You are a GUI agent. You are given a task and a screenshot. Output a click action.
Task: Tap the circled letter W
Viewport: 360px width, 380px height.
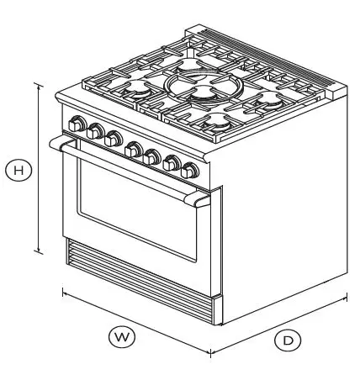pyautogui.click(x=123, y=336)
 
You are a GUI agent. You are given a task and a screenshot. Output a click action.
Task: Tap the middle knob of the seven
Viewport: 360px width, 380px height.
pyautogui.click(x=132, y=150)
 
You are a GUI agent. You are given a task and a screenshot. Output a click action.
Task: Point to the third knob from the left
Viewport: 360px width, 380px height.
pyautogui.click(x=112, y=139)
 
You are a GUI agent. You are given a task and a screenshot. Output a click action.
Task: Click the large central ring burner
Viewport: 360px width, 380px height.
pyautogui.click(x=195, y=88)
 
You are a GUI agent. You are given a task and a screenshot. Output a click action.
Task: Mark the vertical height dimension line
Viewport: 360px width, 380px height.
pyautogui.click(x=38, y=168)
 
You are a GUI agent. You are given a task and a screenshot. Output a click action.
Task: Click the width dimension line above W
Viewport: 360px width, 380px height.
pyautogui.click(x=135, y=322)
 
